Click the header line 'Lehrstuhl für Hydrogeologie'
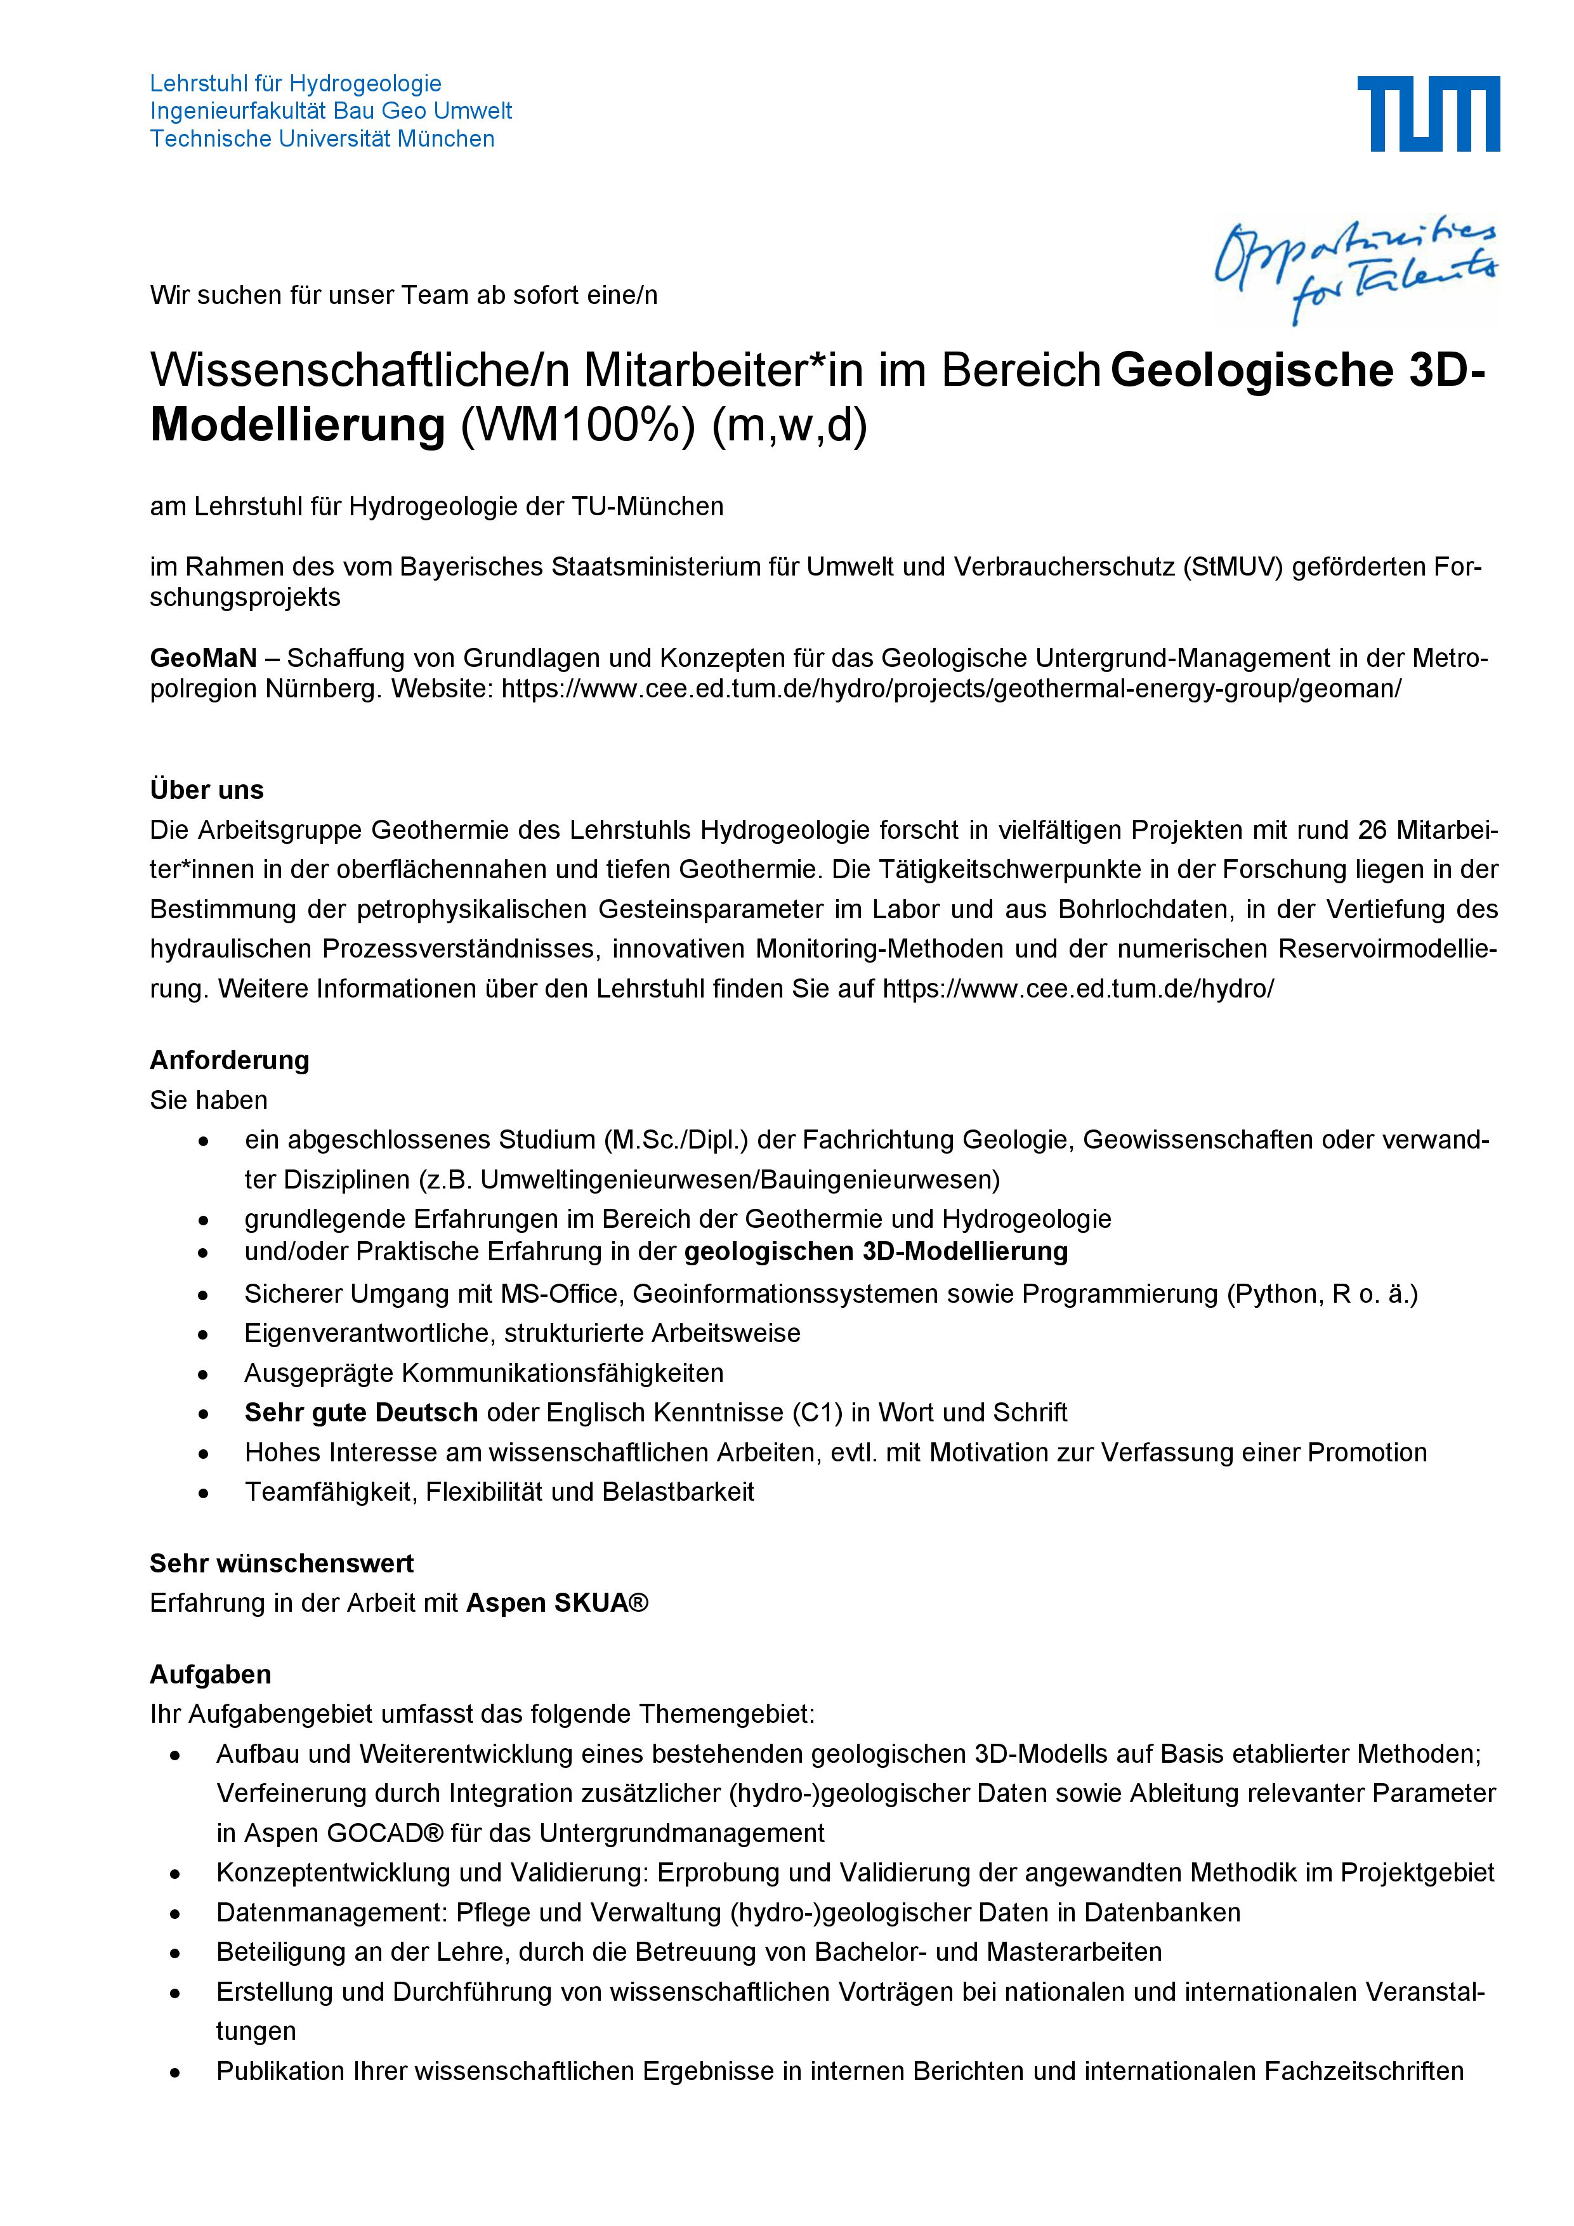pos(296,83)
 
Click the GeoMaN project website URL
pos(951,689)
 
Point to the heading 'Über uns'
pos(206,789)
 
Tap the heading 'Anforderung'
pos(229,1060)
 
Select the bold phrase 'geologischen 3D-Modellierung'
pos(876,1251)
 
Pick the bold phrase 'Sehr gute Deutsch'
pos(360,1413)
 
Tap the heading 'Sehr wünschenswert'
pos(281,1563)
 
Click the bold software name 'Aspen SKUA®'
pos(556,1603)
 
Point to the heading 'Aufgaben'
pos(211,1675)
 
